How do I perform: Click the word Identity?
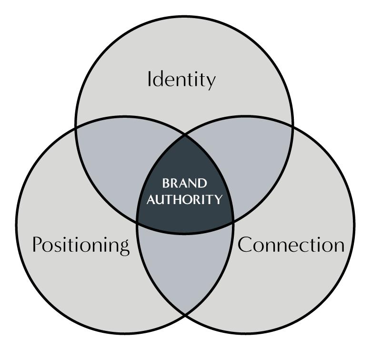181,79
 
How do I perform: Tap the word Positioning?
80,245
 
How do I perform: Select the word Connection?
291,245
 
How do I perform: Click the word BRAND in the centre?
185,184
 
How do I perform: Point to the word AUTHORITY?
185,199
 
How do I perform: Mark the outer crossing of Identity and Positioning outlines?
76,128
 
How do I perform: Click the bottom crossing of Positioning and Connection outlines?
185,314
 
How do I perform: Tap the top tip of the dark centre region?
185,137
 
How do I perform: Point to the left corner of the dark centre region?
138,221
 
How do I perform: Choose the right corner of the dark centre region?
232,221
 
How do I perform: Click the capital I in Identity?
150,79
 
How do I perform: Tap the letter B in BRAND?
165,184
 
